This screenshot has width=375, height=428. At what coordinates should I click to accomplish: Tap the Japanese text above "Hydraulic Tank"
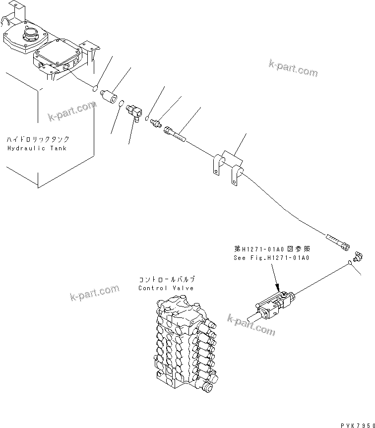(38, 140)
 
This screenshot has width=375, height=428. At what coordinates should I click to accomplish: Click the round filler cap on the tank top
(30, 37)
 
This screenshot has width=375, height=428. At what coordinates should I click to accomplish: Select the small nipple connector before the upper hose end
(157, 122)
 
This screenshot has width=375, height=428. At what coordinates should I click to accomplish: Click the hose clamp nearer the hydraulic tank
(215, 164)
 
